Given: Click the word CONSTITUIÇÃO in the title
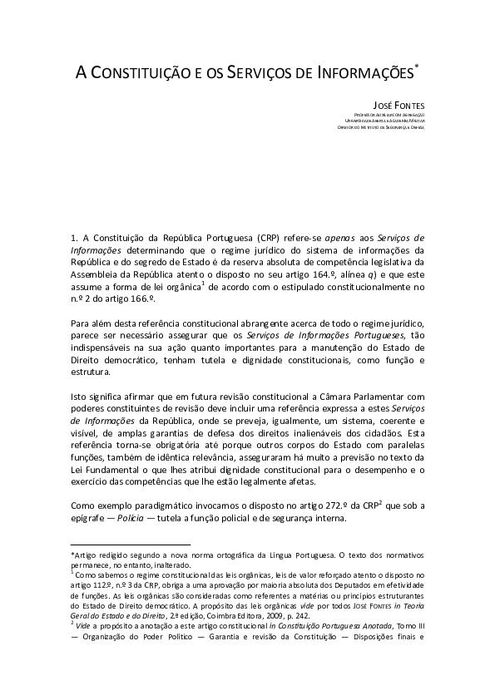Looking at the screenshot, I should pyautogui.click(x=136, y=73).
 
